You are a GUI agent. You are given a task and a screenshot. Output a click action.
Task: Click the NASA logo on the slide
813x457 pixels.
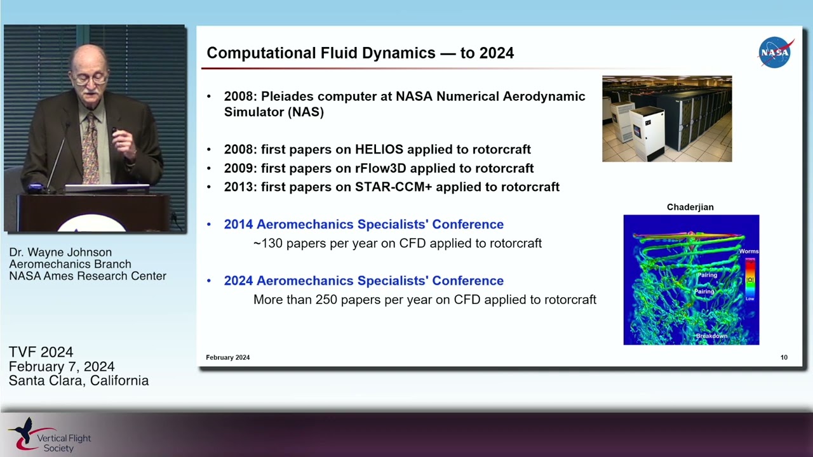[x=776, y=53]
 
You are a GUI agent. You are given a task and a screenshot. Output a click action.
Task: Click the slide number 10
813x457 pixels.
[x=784, y=357]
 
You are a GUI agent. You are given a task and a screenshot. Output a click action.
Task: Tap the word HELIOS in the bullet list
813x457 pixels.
[x=379, y=149]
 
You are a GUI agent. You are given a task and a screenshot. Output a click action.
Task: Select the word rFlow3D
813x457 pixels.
[x=379, y=168]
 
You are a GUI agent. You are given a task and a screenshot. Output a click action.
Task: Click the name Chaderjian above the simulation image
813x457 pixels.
[x=690, y=207]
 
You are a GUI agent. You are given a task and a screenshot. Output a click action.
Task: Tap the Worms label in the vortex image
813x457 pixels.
[x=748, y=251]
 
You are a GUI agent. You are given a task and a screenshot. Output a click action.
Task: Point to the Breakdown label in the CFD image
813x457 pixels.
[x=711, y=336]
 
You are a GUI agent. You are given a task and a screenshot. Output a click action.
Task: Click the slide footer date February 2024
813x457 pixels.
[x=227, y=357]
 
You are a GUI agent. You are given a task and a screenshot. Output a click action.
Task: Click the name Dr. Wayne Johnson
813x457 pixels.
[x=60, y=252]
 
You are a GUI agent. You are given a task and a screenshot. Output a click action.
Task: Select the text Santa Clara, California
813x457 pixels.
[x=79, y=381]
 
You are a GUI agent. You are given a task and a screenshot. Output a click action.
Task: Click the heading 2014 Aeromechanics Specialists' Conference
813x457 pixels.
[x=363, y=224]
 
